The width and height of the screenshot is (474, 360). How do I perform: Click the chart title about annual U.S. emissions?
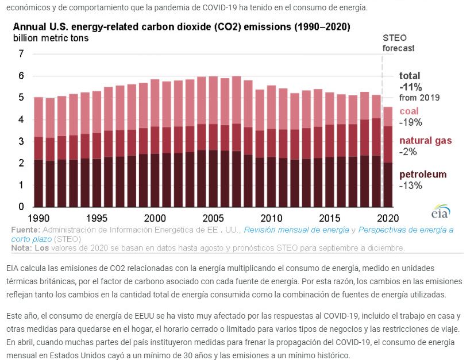click(x=182, y=27)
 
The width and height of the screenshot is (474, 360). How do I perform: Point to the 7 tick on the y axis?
click(x=21, y=54)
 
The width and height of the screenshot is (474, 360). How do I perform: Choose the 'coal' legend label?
click(x=409, y=111)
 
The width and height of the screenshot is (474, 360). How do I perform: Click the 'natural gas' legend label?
click(x=426, y=141)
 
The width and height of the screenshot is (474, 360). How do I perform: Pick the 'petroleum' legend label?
click(x=422, y=175)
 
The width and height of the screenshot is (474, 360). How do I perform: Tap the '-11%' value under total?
click(x=411, y=87)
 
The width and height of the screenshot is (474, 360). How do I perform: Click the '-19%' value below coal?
click(x=411, y=122)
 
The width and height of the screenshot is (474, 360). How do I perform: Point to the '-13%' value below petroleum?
click(x=411, y=185)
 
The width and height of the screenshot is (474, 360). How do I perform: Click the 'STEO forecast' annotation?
click(x=398, y=43)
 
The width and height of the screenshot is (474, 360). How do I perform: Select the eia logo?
click(x=441, y=211)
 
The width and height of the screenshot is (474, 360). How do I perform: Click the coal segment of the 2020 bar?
click(x=388, y=117)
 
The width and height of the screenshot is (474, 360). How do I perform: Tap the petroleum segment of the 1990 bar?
click(x=38, y=183)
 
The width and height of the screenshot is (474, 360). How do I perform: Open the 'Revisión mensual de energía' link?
click(x=296, y=230)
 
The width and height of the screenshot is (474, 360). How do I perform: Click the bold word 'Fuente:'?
click(x=25, y=230)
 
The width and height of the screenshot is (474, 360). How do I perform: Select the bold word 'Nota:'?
click(x=21, y=248)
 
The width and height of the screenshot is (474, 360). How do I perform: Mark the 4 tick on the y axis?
click(x=21, y=119)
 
